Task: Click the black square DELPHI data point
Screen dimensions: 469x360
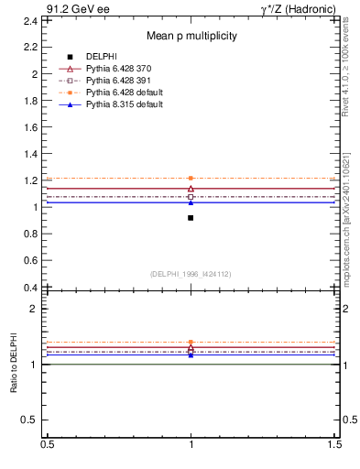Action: (191, 218)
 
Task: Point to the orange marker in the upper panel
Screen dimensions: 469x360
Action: (191, 178)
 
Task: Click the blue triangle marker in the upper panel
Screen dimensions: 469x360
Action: (191, 202)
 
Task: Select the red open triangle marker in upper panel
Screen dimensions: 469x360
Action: (191, 189)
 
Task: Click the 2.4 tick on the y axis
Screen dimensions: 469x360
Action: (30, 20)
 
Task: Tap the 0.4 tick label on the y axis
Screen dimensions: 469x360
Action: (30, 288)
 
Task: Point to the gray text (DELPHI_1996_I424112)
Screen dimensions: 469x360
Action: (191, 274)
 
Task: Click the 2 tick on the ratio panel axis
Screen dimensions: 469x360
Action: (34, 309)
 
